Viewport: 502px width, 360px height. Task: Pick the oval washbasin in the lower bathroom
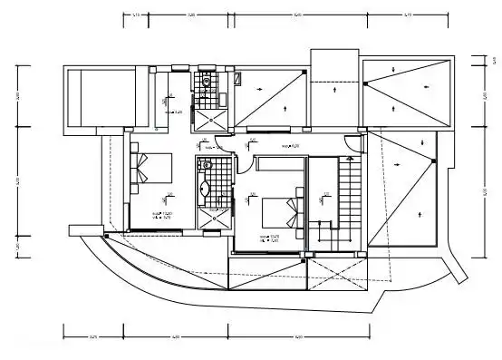pyautogui.click(x=204, y=190)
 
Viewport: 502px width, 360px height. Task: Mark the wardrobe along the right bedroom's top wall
pyautogui.click(x=281, y=162)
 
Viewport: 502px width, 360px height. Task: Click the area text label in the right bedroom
pyautogui.click(x=269, y=238)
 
